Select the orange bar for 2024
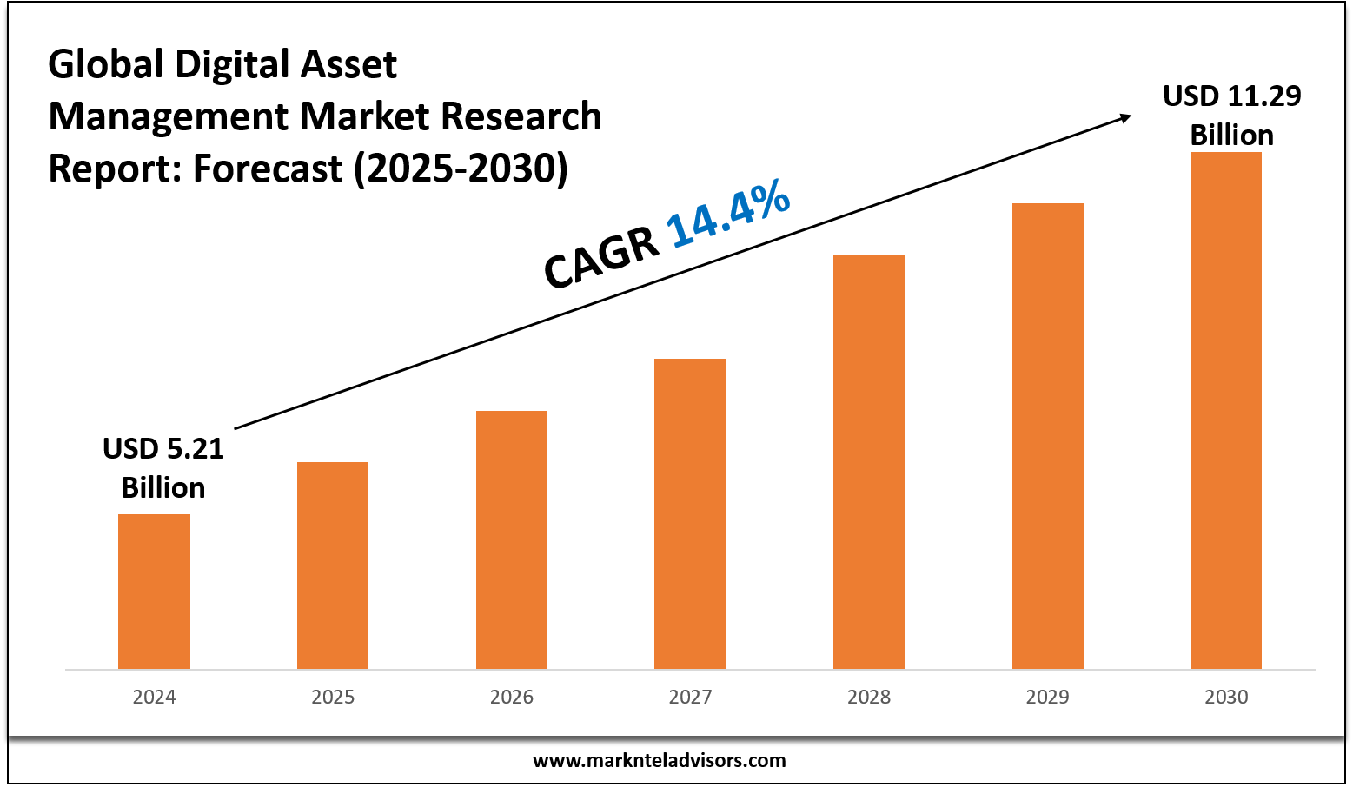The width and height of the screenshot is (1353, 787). [154, 591]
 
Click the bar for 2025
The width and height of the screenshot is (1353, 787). [333, 565]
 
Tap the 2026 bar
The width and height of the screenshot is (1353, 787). [512, 539]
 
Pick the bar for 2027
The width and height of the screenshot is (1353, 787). [690, 513]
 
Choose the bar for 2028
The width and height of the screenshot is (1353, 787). [869, 461]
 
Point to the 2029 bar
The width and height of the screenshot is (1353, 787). [1048, 435]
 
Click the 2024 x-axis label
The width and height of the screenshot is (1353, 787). [154, 697]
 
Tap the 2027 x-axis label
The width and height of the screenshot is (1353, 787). [690, 697]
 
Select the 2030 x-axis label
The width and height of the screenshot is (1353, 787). [1226, 697]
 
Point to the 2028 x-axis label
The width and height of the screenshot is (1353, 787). [869, 697]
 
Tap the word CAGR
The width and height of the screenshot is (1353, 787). [601, 257]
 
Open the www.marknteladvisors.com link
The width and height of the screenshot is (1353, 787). [659, 761]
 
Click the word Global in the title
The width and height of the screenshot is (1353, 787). [106, 65]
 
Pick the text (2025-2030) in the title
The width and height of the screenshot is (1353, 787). [461, 168]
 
